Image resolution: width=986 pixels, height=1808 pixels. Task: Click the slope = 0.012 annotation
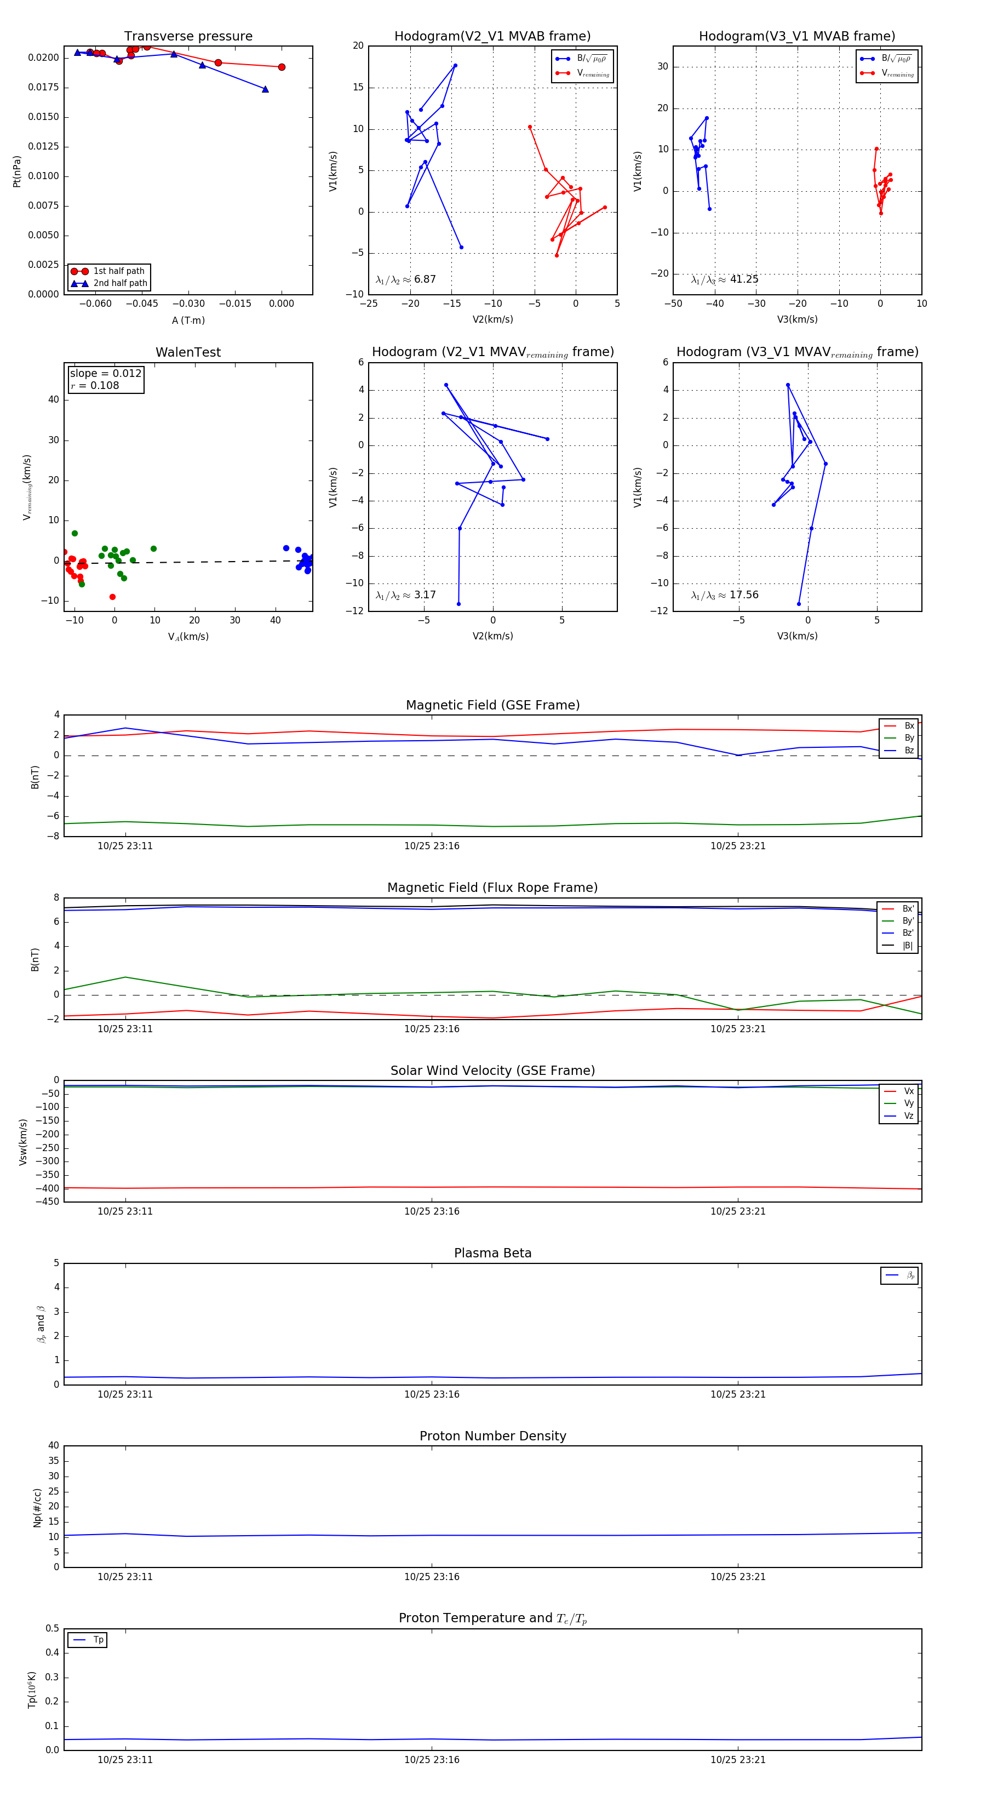[105, 374]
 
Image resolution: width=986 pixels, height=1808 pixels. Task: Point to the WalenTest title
[188, 352]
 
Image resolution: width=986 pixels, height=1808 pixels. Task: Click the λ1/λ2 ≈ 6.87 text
[405, 279]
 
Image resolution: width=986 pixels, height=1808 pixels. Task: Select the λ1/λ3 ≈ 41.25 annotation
[724, 279]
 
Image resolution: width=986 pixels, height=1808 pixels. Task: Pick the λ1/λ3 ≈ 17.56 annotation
[724, 595]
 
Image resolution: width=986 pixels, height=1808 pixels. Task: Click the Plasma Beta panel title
[492, 1254]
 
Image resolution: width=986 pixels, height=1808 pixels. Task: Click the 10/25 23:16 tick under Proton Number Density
[432, 1577]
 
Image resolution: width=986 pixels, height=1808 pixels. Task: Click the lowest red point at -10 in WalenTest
[112, 597]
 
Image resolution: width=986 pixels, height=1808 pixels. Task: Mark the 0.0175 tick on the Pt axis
[43, 88]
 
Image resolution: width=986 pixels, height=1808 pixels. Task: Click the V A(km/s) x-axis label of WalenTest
[188, 637]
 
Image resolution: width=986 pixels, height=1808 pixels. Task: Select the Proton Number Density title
[492, 1436]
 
